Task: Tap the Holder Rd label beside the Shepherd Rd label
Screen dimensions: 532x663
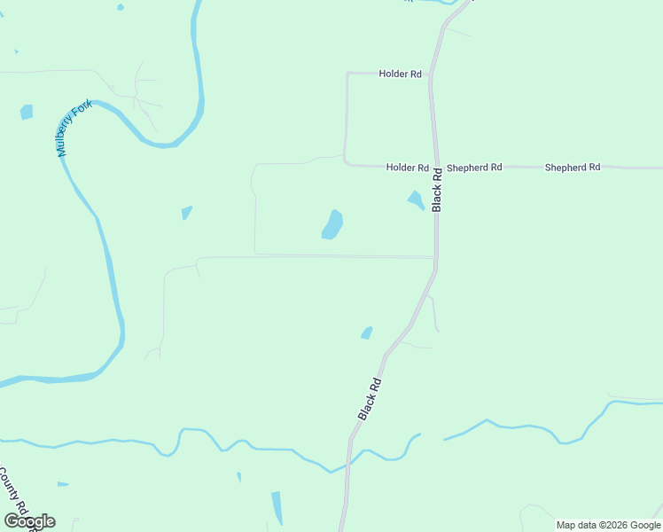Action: (407, 168)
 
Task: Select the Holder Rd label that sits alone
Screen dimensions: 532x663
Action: (400, 74)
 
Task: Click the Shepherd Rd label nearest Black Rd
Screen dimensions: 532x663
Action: (474, 168)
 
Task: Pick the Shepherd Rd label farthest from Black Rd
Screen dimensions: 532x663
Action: (573, 168)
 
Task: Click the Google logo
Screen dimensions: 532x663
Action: (29, 521)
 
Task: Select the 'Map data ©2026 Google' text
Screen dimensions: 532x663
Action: (608, 525)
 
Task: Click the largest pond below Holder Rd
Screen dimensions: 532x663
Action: (332, 225)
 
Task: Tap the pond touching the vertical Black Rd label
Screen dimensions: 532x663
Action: (416, 200)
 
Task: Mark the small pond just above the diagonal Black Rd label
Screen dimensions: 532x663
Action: (366, 333)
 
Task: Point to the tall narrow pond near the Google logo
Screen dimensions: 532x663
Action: (277, 507)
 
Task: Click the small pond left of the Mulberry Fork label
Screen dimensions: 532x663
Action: (27, 113)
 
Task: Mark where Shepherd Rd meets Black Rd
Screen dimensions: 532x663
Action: (435, 167)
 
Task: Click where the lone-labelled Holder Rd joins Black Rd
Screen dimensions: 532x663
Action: (430, 74)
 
